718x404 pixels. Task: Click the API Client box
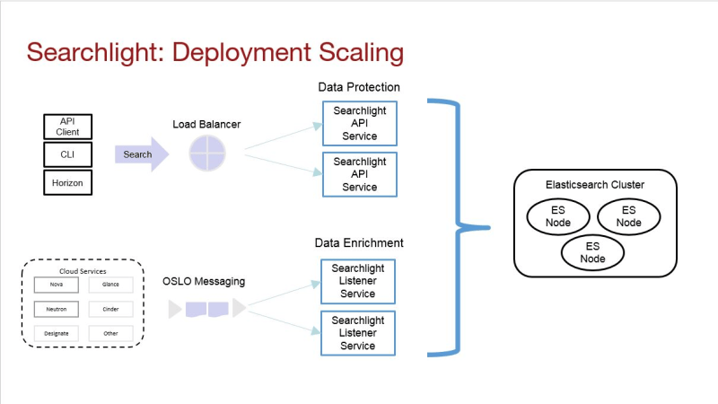pos(68,127)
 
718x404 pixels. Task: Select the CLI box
pos(68,154)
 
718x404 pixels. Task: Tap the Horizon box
pos(68,182)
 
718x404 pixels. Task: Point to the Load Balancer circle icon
pos(207,154)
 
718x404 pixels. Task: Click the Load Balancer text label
pos(206,124)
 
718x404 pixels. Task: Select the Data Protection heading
pos(359,87)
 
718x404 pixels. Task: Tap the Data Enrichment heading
pos(359,242)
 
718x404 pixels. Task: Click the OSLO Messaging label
pos(204,281)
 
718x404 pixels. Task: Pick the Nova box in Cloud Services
pos(57,285)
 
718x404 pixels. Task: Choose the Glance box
pos(110,285)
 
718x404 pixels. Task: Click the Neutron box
pos(57,309)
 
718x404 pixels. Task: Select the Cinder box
pos(110,309)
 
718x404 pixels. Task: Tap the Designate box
pos(57,333)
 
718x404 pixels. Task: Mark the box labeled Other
pos(110,333)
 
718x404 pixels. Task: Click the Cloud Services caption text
pos(83,271)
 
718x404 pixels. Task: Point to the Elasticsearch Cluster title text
pos(595,185)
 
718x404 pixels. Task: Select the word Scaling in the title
pos(362,53)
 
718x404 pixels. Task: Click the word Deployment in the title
pos(241,53)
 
